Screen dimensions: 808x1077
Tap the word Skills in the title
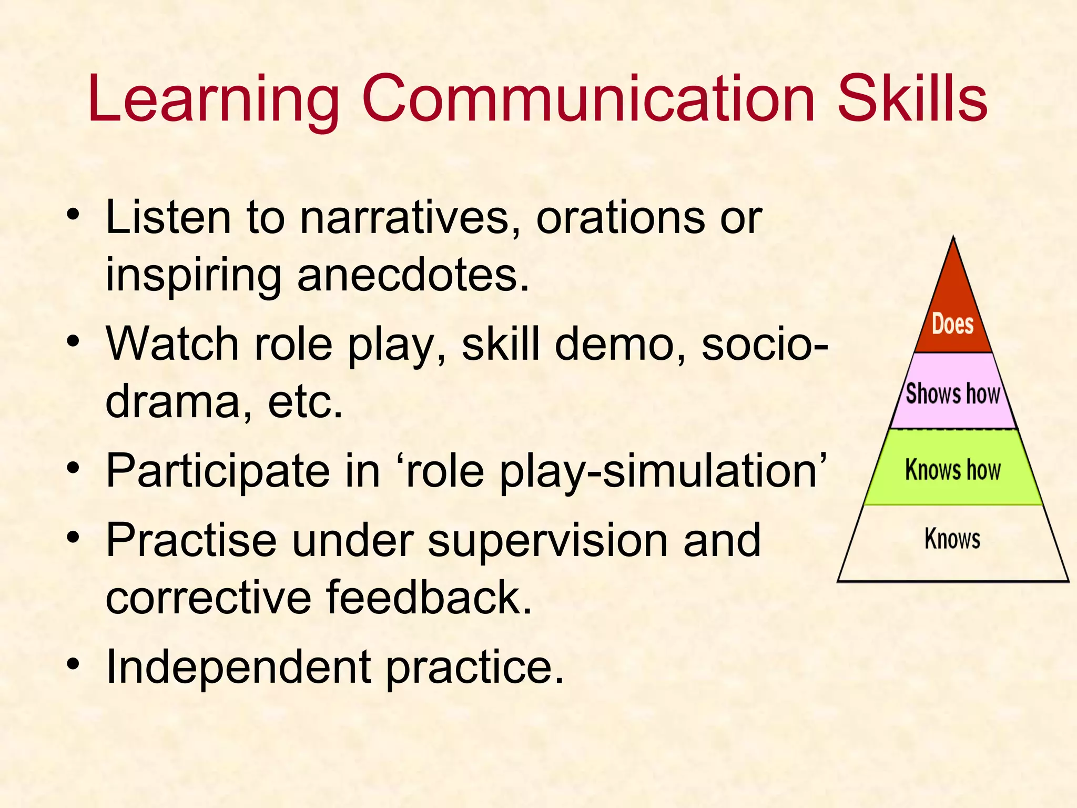point(912,99)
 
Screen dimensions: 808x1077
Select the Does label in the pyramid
point(952,324)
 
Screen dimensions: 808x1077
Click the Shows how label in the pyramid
point(952,393)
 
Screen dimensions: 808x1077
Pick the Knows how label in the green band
point(952,469)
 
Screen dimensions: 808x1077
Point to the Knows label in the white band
point(952,539)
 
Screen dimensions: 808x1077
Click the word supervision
point(546,541)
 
